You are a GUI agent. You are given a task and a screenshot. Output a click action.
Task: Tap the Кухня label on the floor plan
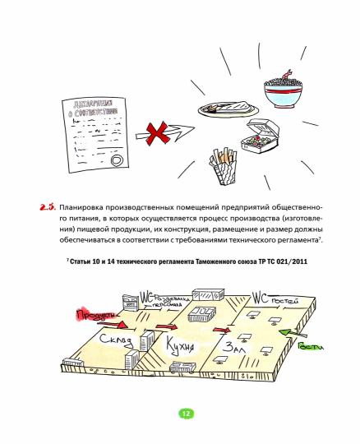(x=180, y=344)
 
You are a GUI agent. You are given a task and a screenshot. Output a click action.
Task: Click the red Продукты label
(x=90, y=315)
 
